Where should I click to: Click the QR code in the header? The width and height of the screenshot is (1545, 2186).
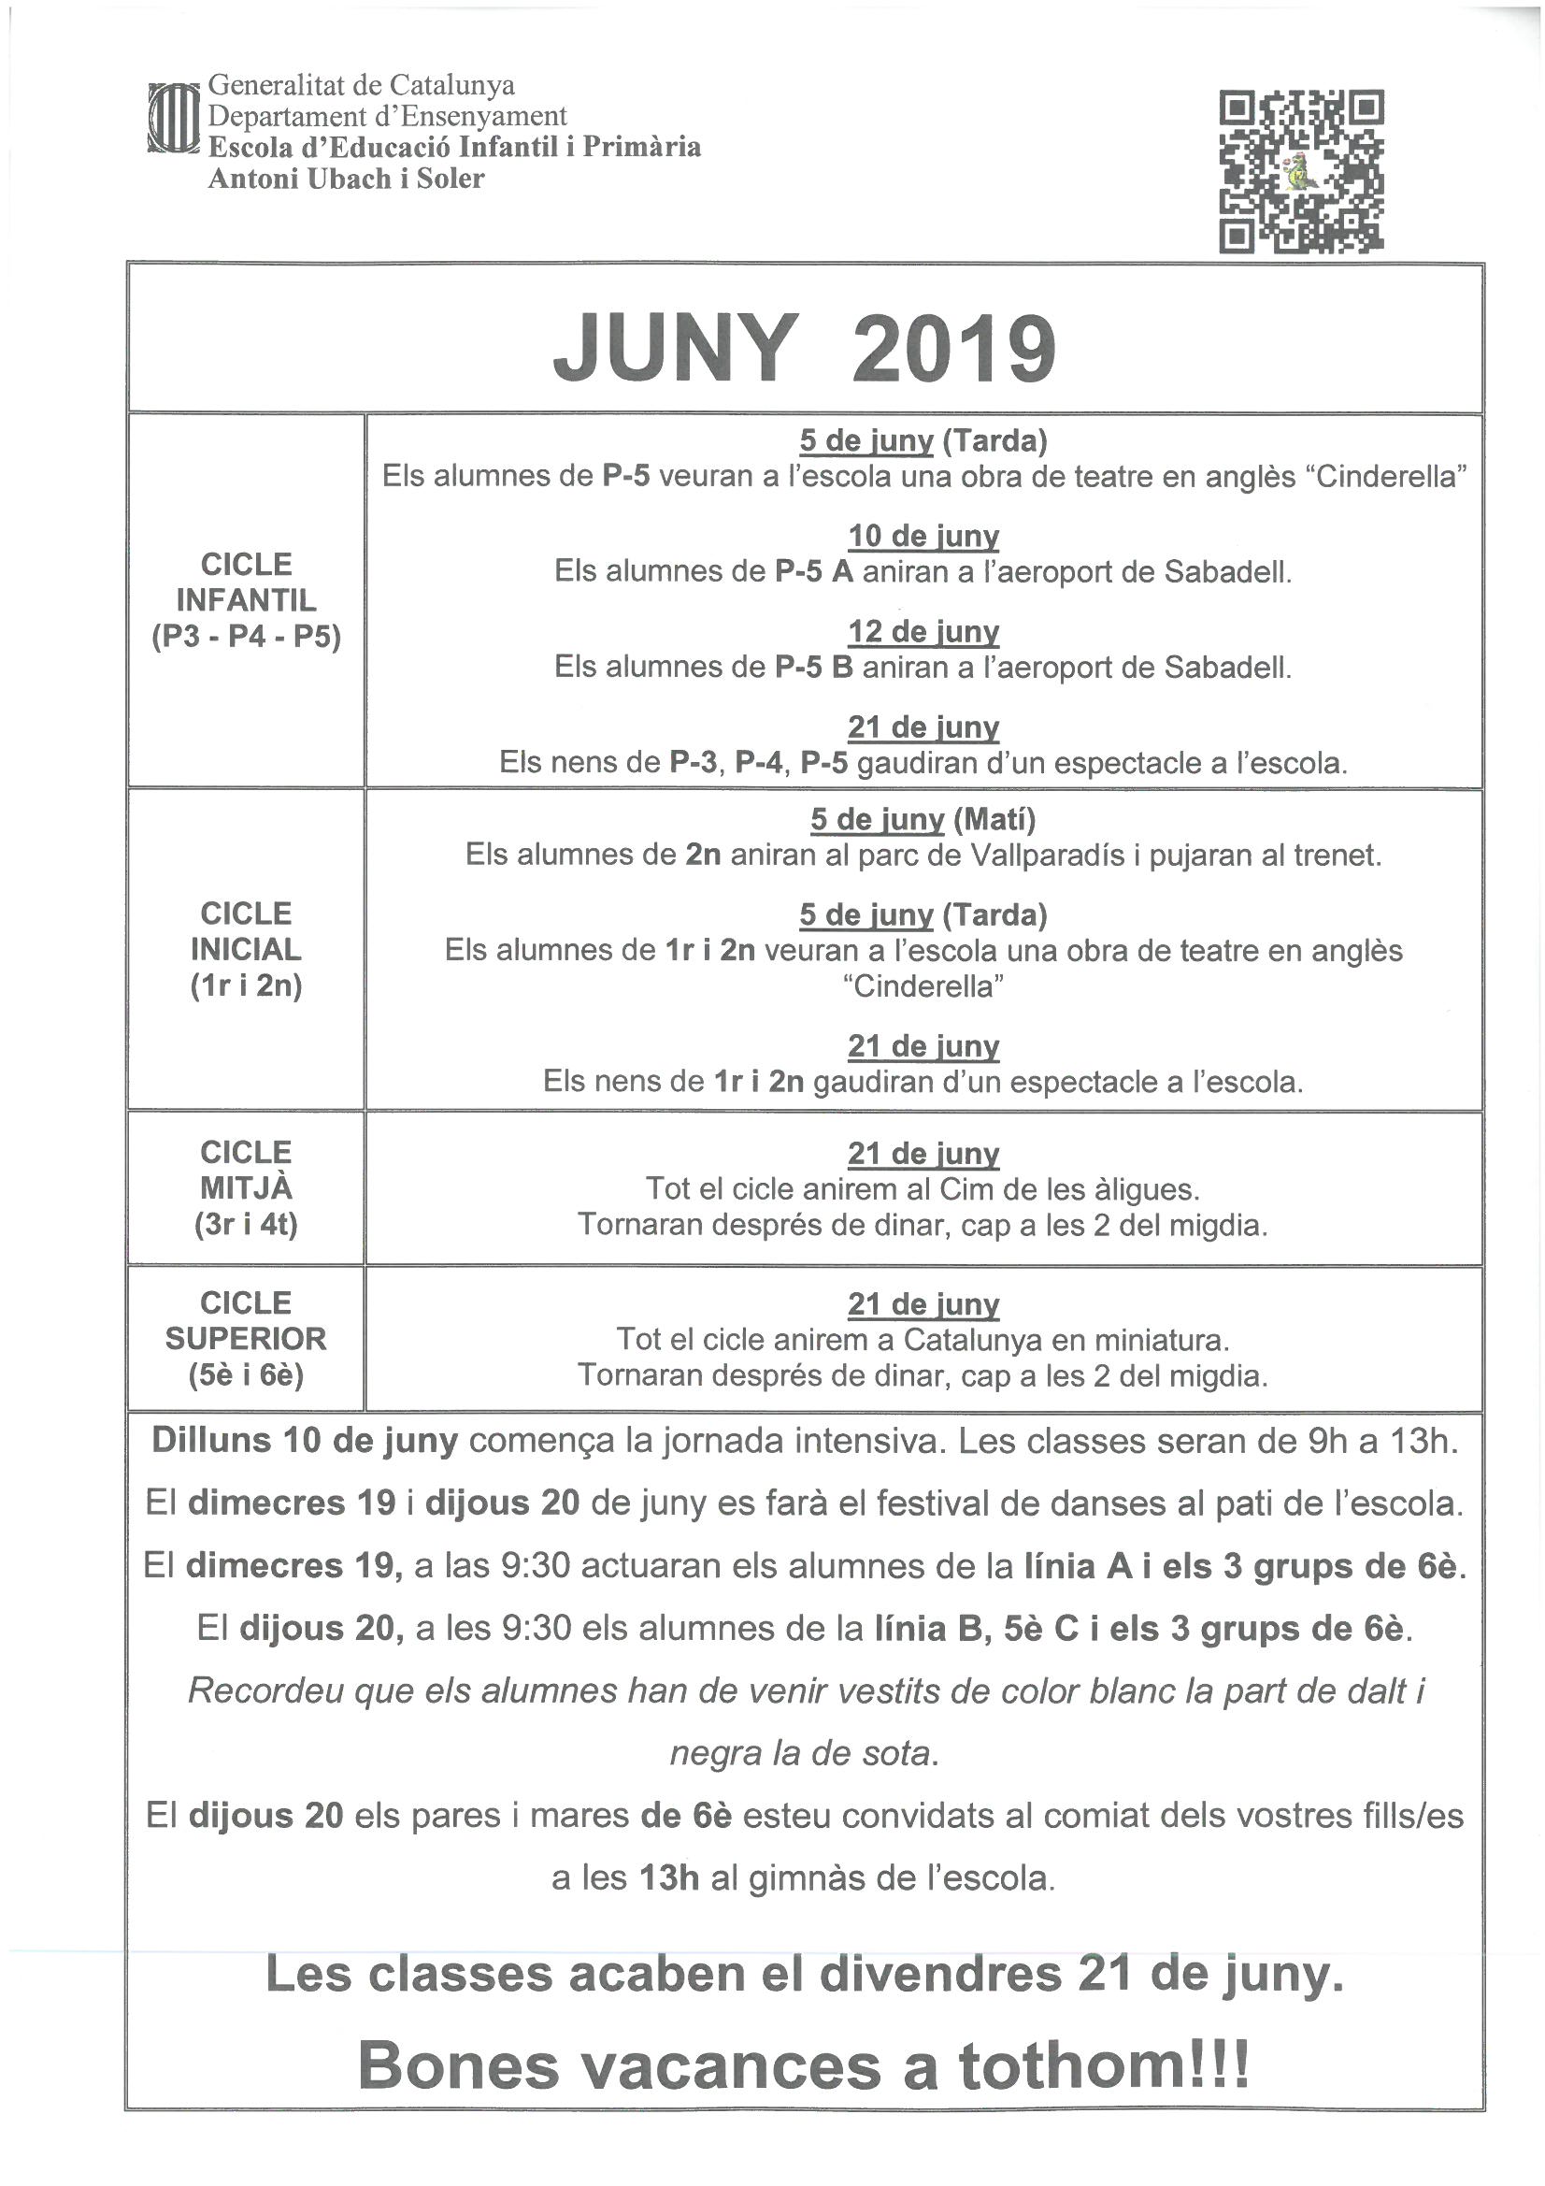(x=1300, y=171)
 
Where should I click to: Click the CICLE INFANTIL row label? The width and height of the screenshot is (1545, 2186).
(x=246, y=600)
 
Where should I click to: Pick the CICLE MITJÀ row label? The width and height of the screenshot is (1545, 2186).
(x=246, y=1187)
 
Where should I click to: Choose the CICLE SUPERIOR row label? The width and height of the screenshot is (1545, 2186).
(x=246, y=1338)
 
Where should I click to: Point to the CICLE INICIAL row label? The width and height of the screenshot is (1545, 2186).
(x=246, y=948)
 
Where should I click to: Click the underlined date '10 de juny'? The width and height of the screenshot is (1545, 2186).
(x=923, y=536)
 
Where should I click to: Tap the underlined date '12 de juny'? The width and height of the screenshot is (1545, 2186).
(x=923, y=631)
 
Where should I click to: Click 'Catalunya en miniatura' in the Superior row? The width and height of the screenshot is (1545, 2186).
(x=1066, y=1340)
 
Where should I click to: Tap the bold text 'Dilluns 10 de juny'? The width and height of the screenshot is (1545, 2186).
(x=305, y=1441)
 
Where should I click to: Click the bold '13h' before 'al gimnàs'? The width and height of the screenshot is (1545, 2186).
(x=669, y=1878)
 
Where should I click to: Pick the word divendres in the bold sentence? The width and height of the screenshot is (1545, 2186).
(x=939, y=1977)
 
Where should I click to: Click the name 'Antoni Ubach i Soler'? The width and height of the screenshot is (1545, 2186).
(x=346, y=178)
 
